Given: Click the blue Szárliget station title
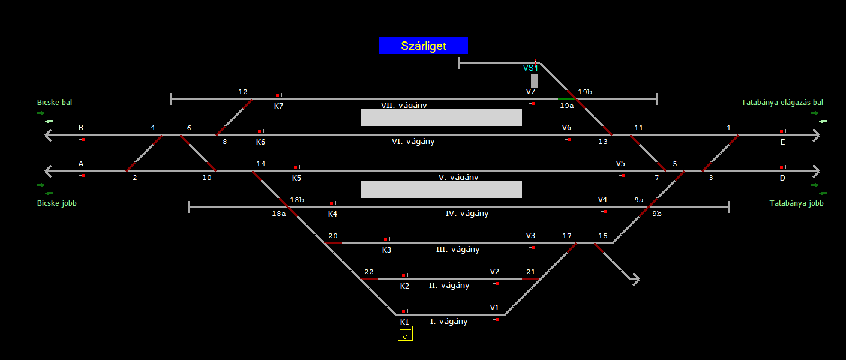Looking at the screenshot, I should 423,46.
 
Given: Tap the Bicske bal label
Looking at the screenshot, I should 55,103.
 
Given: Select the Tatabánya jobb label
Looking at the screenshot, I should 796,203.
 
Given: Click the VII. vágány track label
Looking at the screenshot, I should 404,105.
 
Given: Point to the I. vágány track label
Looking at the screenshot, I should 449,322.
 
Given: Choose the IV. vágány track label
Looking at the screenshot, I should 467,214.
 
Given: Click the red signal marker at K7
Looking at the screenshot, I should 278,95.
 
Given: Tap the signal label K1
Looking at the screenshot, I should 404,322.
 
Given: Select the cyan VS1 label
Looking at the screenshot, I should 530,68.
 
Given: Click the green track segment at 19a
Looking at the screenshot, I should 566,99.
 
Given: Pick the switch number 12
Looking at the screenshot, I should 243,92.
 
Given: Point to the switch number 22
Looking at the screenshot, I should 369,272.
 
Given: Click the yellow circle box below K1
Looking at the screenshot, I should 405,334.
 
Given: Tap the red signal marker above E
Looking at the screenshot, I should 782,131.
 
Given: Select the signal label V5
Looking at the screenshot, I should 620,164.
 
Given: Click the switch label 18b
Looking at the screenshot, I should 297,200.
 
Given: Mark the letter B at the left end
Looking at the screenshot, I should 81,128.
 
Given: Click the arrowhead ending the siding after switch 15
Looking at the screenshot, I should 634,278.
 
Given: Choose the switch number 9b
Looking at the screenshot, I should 657,214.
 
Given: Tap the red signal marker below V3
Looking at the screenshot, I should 532,247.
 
